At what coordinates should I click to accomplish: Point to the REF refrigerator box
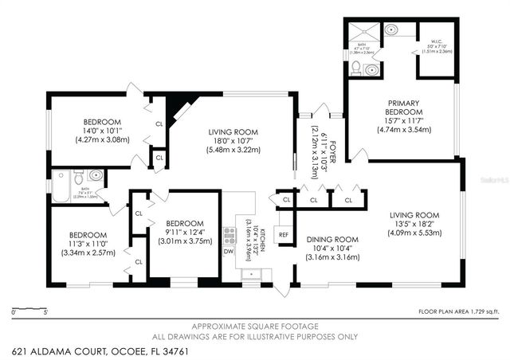(283, 234)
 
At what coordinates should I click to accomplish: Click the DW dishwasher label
(229, 252)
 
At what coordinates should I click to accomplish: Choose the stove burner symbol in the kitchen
(229, 234)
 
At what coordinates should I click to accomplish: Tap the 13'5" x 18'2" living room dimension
(414, 223)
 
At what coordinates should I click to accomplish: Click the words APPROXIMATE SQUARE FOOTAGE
(255, 327)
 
